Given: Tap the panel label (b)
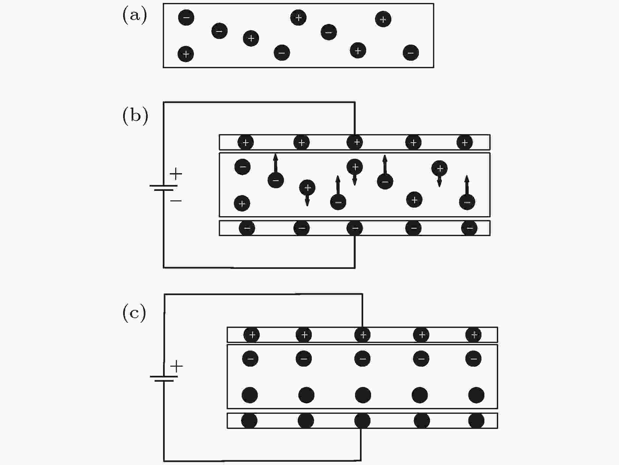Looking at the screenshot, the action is tap(135, 115).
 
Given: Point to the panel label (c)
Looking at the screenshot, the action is tap(134, 313).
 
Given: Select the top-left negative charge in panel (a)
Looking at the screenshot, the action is tap(186, 17).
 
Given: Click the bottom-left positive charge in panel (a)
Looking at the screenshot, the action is tap(186, 54).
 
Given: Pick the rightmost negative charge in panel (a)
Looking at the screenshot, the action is tap(411, 52).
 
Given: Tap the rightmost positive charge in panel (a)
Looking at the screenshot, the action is tap(383, 19).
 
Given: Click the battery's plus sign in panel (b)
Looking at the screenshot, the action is tap(176, 173).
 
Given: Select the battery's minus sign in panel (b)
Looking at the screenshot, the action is tap(176, 200).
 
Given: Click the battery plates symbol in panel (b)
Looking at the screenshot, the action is tap(164, 188).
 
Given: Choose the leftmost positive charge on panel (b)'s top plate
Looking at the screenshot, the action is tap(246, 142).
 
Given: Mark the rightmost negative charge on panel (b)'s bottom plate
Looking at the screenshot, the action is tap(469, 228).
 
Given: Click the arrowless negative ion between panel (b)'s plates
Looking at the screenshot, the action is tap(243, 167).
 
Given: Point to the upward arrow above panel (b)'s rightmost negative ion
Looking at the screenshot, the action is tap(467, 185).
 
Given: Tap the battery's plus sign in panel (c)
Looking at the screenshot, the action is tap(177, 366).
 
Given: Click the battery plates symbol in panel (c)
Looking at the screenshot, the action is tap(164, 379).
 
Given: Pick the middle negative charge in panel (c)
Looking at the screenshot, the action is tap(362, 358).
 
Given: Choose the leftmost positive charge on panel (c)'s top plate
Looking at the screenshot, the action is tap(252, 335).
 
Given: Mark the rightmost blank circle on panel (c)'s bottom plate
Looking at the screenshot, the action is tap(476, 421).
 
